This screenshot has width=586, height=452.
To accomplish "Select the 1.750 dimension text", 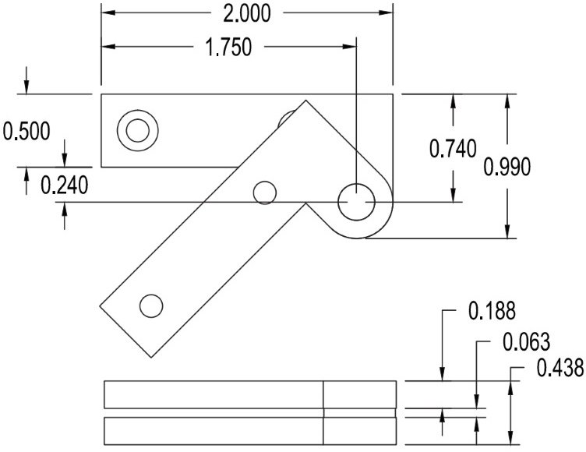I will pos(228,48).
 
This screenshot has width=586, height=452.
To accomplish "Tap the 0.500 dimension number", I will pos(27,130).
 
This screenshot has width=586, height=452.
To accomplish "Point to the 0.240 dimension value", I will pos(64,185).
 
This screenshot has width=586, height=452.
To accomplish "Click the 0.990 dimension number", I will pos(507,166).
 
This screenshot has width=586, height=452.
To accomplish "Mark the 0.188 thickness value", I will pos(491,312).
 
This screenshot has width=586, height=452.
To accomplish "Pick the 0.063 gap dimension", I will pos(526,342).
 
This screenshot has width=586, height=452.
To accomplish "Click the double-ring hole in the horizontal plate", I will pos(137,129).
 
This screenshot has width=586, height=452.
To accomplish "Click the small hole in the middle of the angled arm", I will pos(266,192).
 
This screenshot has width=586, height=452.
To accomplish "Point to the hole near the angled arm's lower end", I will pos(151,305).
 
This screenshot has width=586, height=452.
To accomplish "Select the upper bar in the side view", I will pos(249,394).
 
